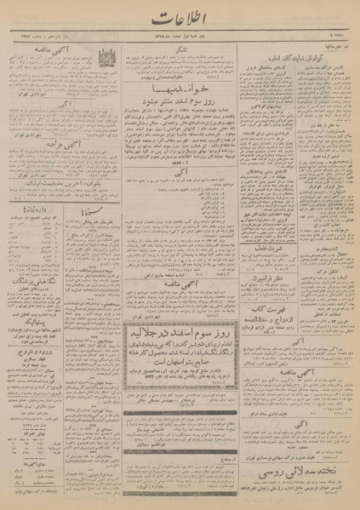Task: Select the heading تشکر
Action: (180, 49)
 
